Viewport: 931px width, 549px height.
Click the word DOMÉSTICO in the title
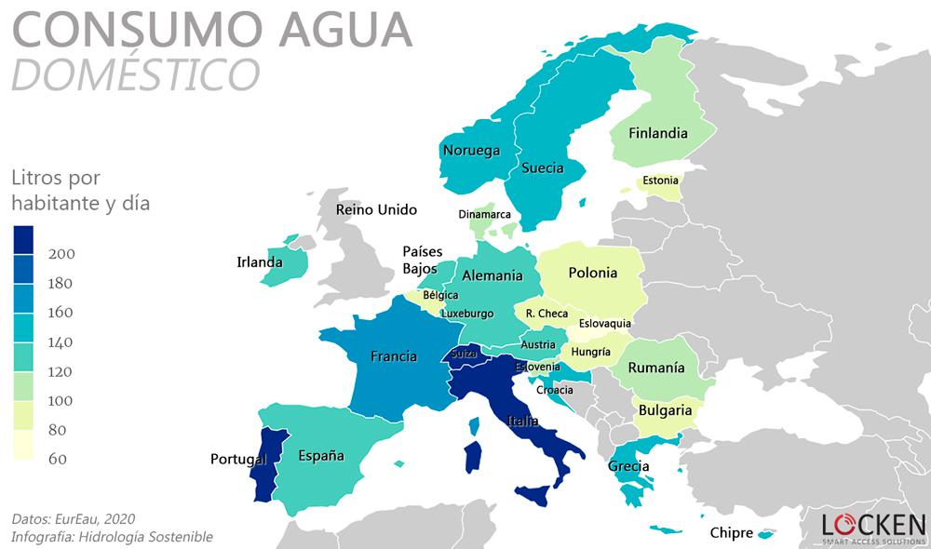coord(135,74)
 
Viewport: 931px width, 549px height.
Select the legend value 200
coord(61,254)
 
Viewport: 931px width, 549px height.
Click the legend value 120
coord(61,371)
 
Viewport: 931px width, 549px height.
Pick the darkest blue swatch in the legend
coord(24,240)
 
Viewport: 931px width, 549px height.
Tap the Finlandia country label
coord(657,133)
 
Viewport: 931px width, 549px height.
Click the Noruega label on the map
coord(471,151)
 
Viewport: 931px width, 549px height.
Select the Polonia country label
coord(592,273)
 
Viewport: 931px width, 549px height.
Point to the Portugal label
coord(238,459)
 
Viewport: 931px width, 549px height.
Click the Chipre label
coord(731,533)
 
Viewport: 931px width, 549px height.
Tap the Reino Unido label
coord(376,209)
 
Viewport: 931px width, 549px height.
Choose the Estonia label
coord(660,180)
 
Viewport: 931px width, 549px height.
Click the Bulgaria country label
coord(665,409)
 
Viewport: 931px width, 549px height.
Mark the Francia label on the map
coord(393,356)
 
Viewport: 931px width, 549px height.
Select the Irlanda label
coord(259,262)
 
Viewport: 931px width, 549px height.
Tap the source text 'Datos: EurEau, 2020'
coord(74,517)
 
